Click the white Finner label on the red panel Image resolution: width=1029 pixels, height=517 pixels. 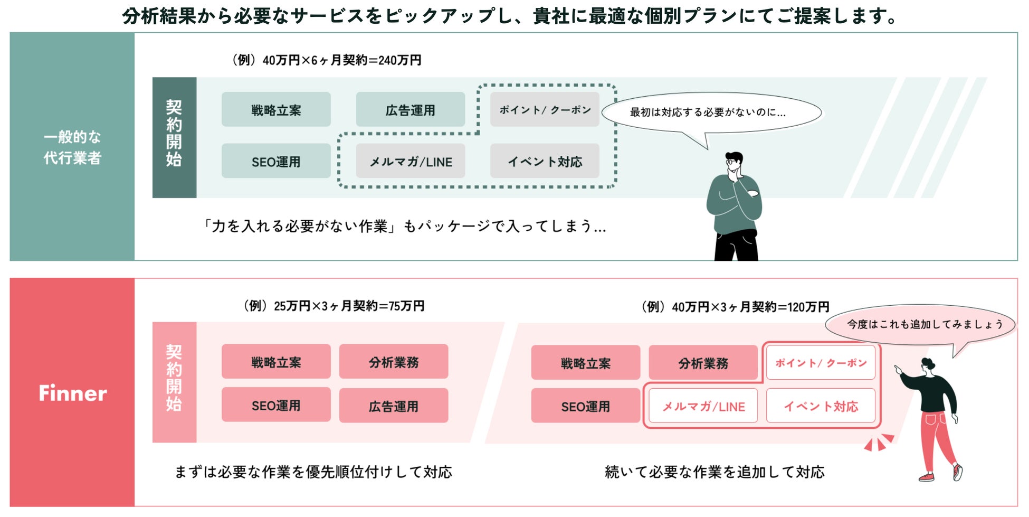tap(73, 393)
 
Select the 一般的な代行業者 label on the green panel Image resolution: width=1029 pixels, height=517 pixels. tap(72, 147)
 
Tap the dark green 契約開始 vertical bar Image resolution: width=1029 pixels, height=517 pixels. tap(174, 137)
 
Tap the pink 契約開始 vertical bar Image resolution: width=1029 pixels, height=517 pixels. tap(174, 382)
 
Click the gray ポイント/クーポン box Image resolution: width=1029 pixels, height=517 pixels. tap(545, 109)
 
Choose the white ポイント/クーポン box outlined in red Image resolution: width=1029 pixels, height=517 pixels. tap(821, 363)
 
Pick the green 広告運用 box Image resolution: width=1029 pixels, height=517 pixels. tap(410, 110)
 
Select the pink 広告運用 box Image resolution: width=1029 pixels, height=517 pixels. tap(393, 406)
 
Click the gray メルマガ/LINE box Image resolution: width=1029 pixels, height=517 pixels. tap(410, 162)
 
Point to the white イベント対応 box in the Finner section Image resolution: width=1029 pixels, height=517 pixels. tap(821, 406)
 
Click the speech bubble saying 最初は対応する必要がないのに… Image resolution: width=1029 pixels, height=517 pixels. tap(711, 112)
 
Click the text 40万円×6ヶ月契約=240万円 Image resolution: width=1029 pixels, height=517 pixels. tap(327, 60)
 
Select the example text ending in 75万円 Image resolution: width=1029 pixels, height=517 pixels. tap(334, 306)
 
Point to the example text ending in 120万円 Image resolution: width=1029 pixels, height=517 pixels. tap(735, 307)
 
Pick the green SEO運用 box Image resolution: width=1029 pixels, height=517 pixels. tap(276, 162)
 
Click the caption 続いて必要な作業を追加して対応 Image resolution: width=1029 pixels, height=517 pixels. tap(714, 472)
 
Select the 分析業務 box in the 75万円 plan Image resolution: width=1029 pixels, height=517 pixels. tap(393, 362)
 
